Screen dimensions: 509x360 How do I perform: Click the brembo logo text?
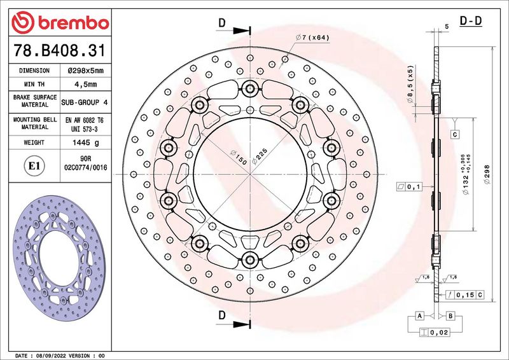[x=73, y=23]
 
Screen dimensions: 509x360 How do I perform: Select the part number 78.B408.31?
[x=59, y=51]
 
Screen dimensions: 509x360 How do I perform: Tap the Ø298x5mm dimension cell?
[x=86, y=71]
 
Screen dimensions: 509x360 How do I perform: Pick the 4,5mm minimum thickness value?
[x=86, y=85]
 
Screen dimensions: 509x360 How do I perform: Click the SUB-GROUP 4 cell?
[x=85, y=102]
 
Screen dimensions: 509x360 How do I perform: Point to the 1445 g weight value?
[x=86, y=142]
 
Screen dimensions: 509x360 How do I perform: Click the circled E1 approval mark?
[x=34, y=166]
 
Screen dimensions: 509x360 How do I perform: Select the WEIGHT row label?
[x=34, y=142]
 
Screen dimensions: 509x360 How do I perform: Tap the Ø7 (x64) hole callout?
[x=312, y=38]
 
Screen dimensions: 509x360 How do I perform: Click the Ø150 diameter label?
[x=239, y=157]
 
